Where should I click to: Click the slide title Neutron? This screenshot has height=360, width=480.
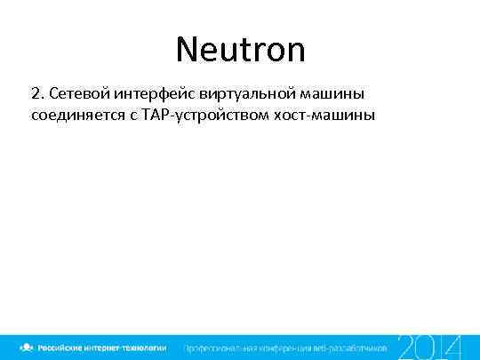240,49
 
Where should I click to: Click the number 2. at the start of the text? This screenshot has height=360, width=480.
36,93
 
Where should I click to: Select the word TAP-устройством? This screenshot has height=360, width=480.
196,116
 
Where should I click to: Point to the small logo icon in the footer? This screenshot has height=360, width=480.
28,347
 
